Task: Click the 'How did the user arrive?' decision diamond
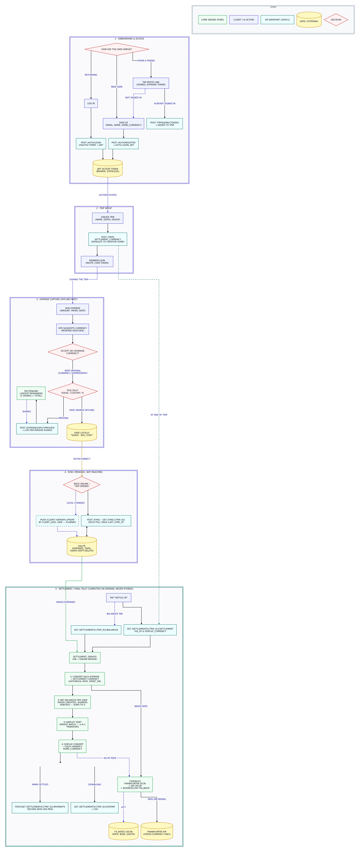tap(116, 49)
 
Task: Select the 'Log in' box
tap(91, 104)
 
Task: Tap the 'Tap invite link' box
tap(151, 83)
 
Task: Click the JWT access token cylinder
tap(108, 169)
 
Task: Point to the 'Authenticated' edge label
tap(108, 195)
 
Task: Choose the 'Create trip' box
tap(108, 218)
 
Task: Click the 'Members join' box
tap(97, 262)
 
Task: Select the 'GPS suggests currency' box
tap(72, 329)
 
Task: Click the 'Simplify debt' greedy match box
tap(72, 724)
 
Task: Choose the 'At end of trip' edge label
tap(159, 415)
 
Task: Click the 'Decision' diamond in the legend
tap(336, 20)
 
